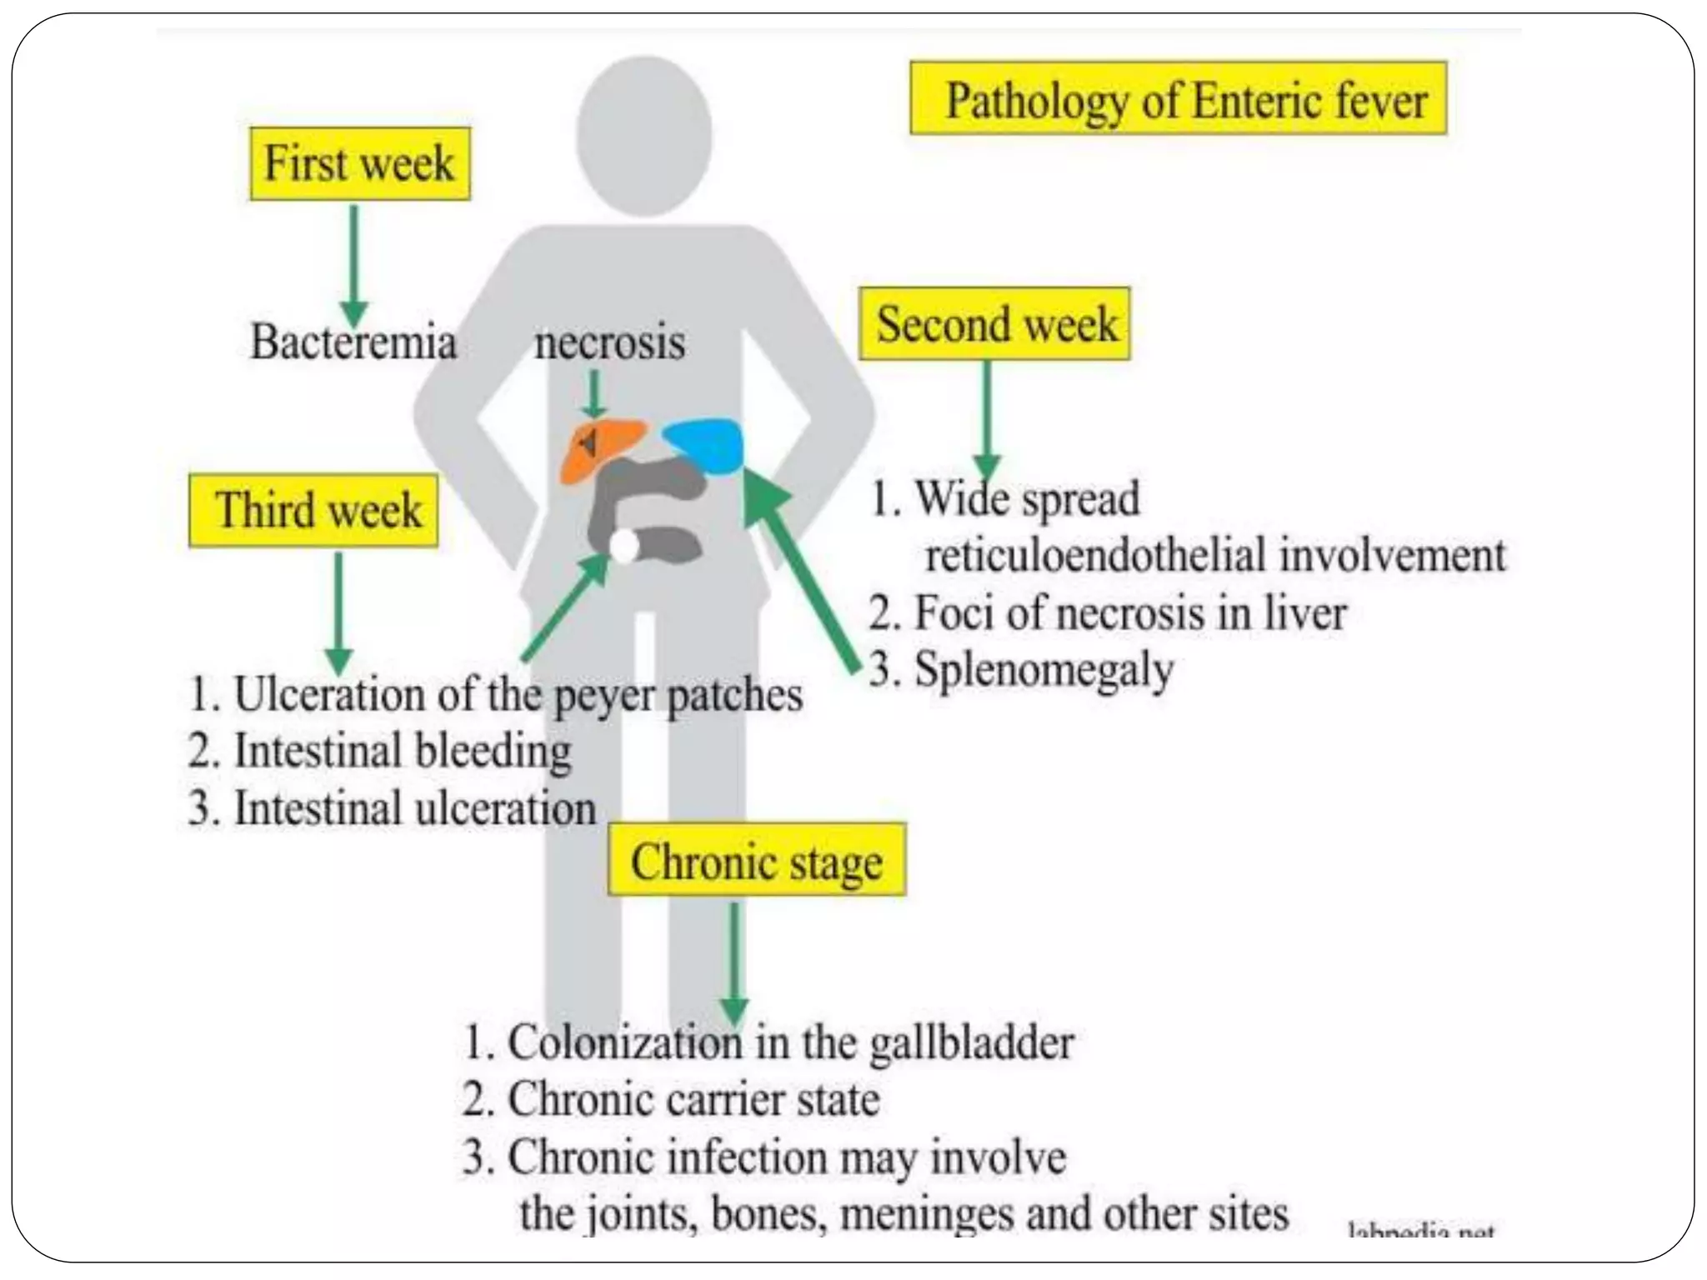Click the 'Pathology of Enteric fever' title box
coord(1178,98)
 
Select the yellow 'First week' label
coord(359,163)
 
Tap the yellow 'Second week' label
coord(994,324)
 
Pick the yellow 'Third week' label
coord(313,511)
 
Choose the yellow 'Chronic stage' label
coord(756,861)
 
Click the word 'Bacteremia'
coord(353,342)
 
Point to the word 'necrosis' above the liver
coord(609,342)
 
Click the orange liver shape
coord(596,450)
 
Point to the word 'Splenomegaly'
coord(1044,669)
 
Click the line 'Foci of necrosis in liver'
coord(1109,613)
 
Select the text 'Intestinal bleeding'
coord(402,750)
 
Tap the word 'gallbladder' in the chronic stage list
coord(971,1042)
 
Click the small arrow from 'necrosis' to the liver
coord(593,393)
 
